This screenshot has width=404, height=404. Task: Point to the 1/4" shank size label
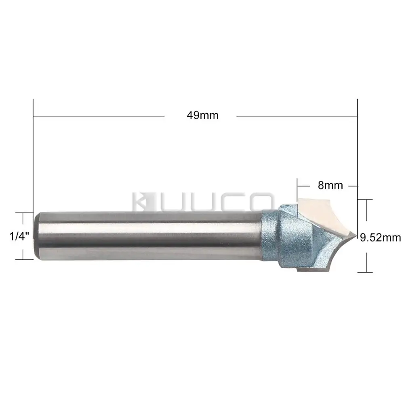point(17,236)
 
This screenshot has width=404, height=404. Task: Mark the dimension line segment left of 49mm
point(99,116)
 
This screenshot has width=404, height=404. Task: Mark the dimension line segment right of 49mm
point(297,116)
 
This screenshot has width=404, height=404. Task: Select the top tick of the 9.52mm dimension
point(366,199)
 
